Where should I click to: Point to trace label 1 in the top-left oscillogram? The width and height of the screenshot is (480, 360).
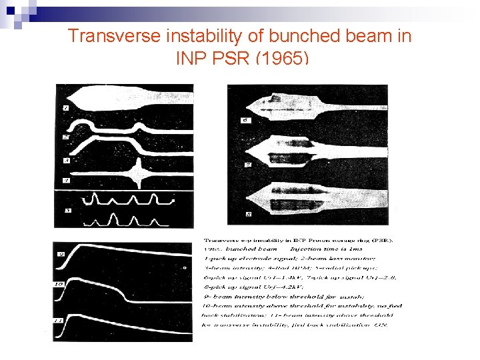coord(65,108)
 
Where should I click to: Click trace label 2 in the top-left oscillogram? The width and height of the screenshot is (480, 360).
coord(65,137)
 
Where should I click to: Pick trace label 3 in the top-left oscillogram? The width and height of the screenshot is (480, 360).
coord(65,161)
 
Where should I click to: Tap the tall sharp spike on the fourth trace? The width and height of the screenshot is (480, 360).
coord(139,175)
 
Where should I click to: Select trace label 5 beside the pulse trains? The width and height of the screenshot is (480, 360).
coord(67,211)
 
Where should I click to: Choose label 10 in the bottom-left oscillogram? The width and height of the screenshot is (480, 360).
coord(59,284)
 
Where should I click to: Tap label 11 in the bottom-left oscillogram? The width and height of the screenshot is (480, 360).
coord(59,321)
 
